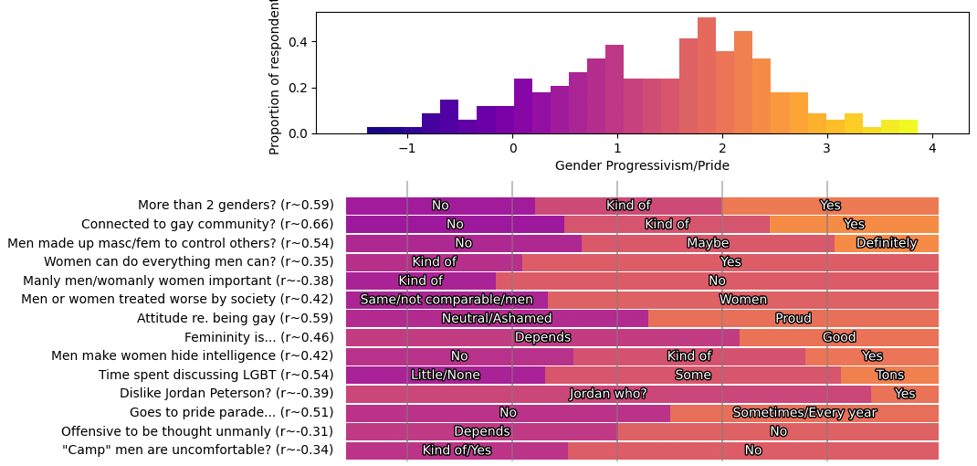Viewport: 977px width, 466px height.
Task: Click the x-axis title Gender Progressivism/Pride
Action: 642,165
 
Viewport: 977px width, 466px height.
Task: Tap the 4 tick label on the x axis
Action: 932,148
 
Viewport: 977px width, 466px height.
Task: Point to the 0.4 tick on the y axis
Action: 299,42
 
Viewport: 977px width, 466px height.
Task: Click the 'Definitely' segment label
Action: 887,243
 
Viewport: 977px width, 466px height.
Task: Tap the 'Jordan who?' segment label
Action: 608,394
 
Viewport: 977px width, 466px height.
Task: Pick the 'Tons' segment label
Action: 889,375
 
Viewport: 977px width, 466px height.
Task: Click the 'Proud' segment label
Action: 793,318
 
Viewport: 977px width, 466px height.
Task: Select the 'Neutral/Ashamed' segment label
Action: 497,318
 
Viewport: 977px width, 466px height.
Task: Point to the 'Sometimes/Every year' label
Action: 804,412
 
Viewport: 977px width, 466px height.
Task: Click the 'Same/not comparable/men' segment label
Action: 446,300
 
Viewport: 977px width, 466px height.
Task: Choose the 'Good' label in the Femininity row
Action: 839,337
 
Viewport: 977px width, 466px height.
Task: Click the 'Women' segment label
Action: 743,300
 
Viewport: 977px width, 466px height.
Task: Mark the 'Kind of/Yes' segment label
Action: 457,450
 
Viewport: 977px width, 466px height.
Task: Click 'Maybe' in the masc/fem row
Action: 708,243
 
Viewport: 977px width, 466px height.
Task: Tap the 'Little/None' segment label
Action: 446,375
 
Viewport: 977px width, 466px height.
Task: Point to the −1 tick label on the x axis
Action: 407,148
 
